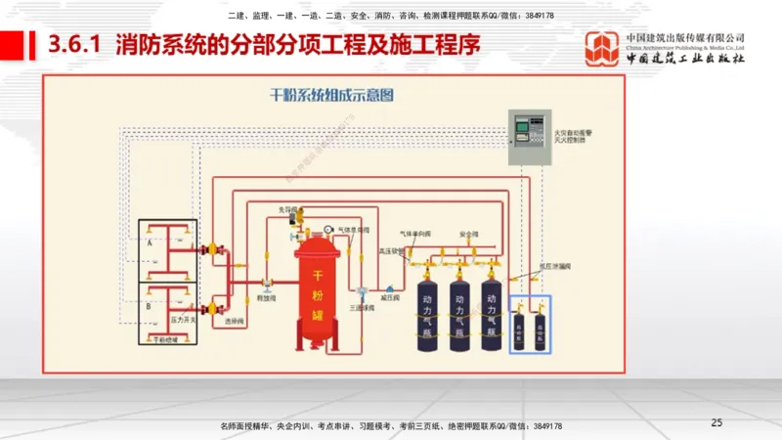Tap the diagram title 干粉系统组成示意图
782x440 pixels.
[331, 96]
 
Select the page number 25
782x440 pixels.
[717, 422]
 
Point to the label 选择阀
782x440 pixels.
[235, 321]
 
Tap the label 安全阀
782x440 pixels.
[468, 235]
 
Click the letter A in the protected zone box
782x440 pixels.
[150, 240]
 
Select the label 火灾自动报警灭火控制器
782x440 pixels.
[570, 135]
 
